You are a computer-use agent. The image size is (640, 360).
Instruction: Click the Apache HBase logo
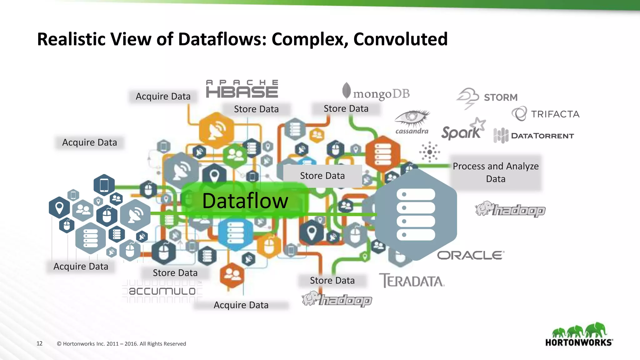click(x=242, y=89)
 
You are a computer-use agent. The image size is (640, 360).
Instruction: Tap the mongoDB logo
click(x=376, y=92)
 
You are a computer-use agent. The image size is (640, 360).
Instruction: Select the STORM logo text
click(x=501, y=97)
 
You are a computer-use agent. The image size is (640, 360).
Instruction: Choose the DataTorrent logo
click(x=534, y=136)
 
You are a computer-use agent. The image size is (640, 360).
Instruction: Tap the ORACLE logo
click(x=470, y=255)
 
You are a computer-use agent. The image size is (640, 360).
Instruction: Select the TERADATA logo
click(x=412, y=281)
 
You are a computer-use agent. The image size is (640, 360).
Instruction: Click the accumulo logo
click(x=162, y=291)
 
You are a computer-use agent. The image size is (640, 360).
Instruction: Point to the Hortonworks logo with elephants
click(x=579, y=335)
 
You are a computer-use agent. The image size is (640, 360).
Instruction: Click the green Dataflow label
click(x=245, y=201)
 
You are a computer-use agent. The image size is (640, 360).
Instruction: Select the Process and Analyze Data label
click(x=496, y=172)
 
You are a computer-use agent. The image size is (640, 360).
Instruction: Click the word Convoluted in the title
click(x=400, y=39)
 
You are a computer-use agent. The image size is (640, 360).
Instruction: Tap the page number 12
click(x=39, y=343)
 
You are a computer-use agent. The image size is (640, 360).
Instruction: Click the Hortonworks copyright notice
click(x=121, y=344)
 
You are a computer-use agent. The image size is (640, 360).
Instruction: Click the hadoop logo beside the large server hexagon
click(x=510, y=209)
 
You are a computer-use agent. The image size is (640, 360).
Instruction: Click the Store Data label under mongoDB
click(x=346, y=109)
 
